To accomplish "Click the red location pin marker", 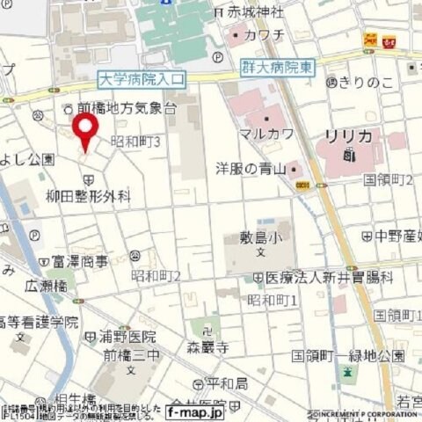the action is (84, 132).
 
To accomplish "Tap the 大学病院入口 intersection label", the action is (142, 80).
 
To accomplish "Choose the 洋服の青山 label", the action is (251, 168).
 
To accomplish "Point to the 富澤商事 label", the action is (79, 261).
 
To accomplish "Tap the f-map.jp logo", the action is (194, 411).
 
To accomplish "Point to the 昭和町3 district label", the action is (137, 142).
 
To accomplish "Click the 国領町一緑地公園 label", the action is (348, 356).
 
